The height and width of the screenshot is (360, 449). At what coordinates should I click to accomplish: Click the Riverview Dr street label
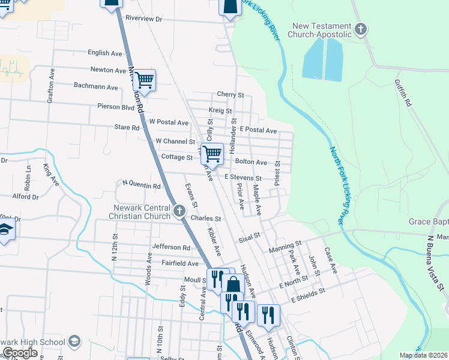(x=143, y=19)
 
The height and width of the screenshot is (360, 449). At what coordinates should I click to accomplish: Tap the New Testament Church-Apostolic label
(x=321, y=30)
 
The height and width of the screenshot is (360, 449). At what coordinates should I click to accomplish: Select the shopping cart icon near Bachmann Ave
(x=144, y=79)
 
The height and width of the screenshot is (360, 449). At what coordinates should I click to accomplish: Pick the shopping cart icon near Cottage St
(x=212, y=154)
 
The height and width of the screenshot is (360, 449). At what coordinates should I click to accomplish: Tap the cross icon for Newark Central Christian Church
(x=179, y=211)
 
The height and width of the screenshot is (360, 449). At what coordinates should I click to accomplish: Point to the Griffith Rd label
(x=402, y=94)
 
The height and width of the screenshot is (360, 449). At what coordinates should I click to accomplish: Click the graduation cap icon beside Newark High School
(x=74, y=341)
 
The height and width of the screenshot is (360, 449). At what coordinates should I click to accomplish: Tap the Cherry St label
(x=231, y=95)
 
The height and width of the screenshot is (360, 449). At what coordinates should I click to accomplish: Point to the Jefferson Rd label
(x=171, y=247)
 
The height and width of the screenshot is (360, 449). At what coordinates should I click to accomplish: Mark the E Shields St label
(x=308, y=295)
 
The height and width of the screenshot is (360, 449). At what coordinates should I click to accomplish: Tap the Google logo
(x=19, y=353)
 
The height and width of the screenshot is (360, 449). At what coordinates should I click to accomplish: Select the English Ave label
(x=105, y=53)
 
